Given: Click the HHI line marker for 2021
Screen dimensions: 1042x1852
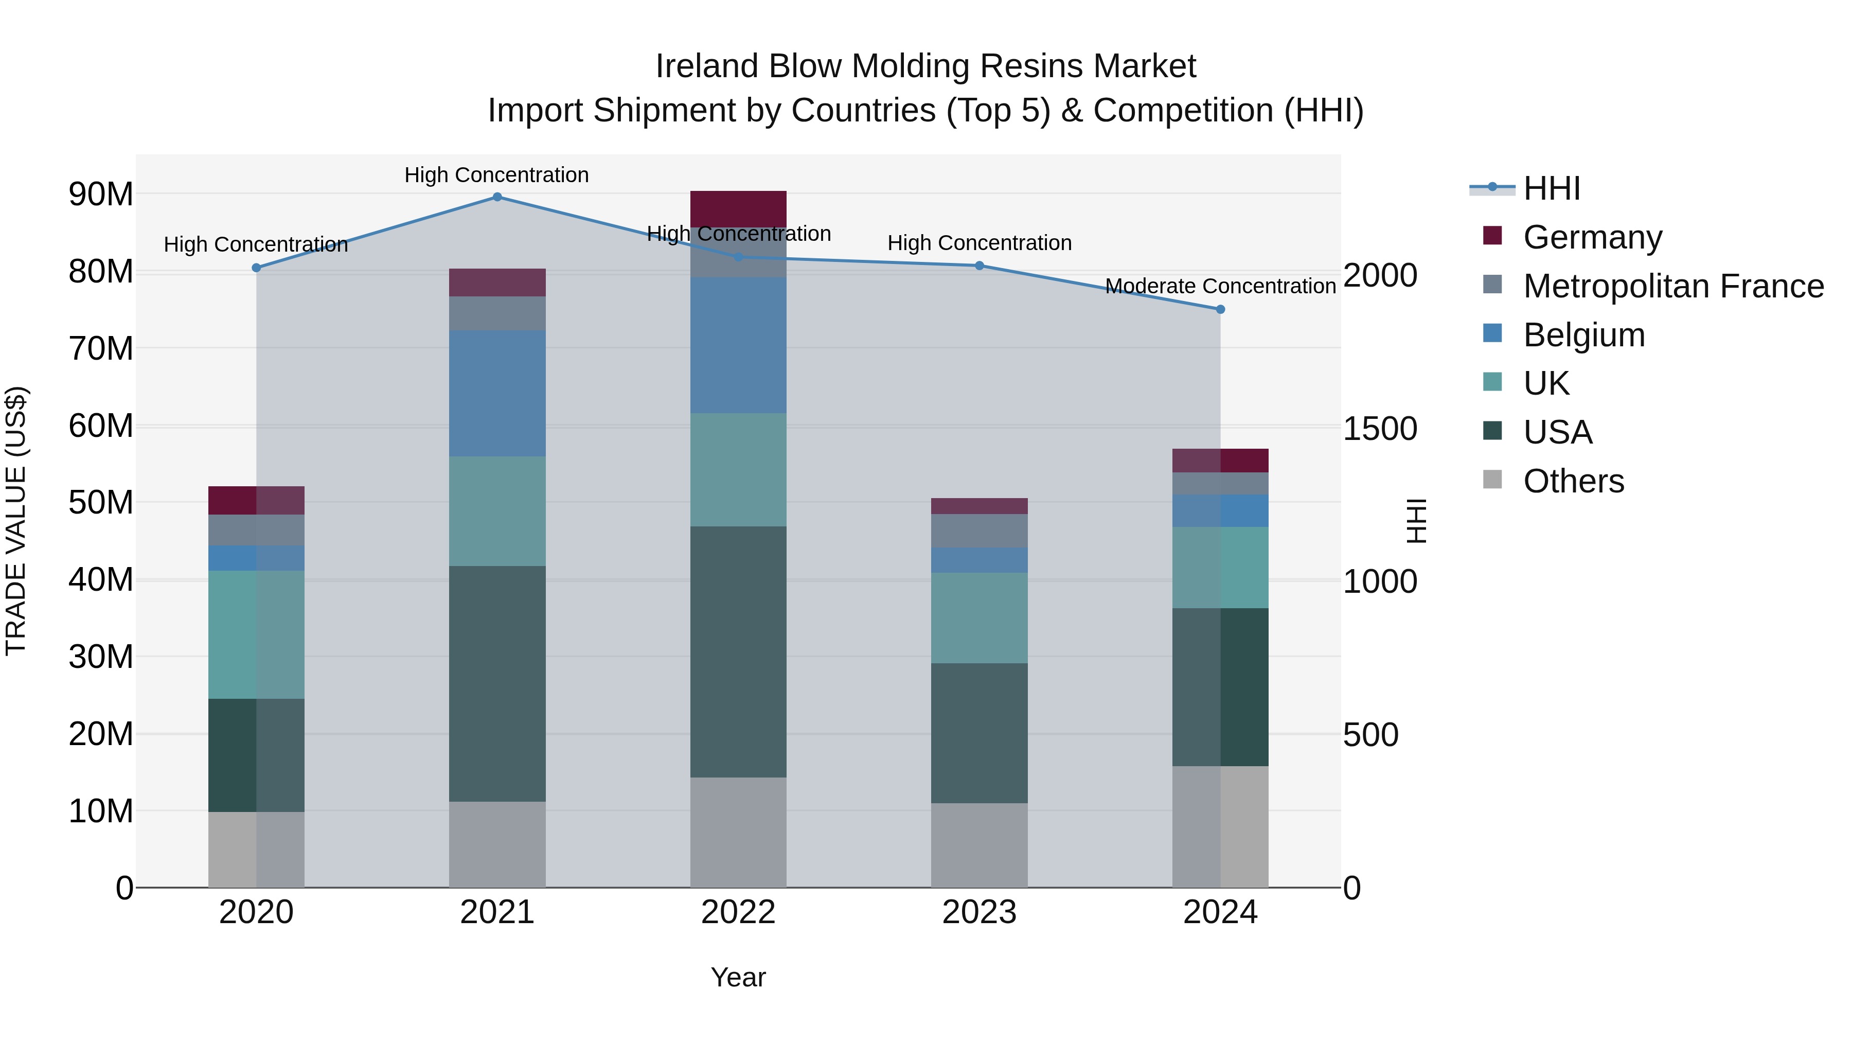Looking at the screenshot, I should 497,197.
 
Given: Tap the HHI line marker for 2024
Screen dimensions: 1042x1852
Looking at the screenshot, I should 1220,309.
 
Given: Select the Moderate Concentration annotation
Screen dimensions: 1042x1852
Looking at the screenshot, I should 1220,286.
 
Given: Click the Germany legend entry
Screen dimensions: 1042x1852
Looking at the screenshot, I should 1592,237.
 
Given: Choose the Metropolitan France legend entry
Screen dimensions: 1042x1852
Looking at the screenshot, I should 1672,286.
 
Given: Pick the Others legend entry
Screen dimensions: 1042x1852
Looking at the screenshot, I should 1573,481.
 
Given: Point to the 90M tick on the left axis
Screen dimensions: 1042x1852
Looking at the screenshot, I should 101,194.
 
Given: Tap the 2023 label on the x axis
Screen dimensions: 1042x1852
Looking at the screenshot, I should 979,912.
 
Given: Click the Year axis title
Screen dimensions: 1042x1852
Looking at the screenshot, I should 738,977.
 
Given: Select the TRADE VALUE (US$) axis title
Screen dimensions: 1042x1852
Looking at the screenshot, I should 16,521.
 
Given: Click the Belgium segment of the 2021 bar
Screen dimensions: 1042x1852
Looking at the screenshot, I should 497,393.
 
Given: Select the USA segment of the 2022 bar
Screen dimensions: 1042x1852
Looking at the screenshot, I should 738,651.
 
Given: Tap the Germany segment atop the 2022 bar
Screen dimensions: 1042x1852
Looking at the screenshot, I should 738,208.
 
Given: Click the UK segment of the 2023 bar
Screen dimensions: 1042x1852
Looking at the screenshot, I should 979,617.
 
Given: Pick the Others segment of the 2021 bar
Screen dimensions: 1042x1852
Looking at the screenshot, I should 497,844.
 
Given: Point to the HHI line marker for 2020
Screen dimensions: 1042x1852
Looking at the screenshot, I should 257,268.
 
